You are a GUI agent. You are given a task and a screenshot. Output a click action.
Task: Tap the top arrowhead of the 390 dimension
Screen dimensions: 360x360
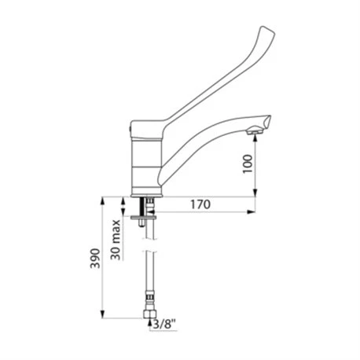[x=103, y=200]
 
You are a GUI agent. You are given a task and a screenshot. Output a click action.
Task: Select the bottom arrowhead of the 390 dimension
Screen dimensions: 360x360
[x=103, y=322]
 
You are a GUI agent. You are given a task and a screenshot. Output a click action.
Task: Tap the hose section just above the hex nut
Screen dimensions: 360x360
[x=145, y=303]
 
